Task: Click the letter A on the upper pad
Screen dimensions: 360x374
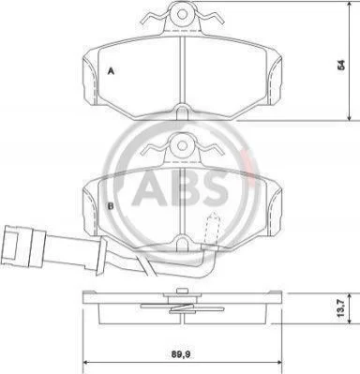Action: click(x=111, y=71)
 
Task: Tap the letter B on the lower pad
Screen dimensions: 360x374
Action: click(x=111, y=206)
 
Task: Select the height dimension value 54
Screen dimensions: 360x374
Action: click(x=341, y=65)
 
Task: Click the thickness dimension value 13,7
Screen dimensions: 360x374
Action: click(x=341, y=308)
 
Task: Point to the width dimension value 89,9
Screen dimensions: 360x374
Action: click(x=181, y=354)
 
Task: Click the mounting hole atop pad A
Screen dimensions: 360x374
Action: click(x=182, y=13)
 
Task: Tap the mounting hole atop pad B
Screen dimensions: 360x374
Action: click(x=182, y=145)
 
